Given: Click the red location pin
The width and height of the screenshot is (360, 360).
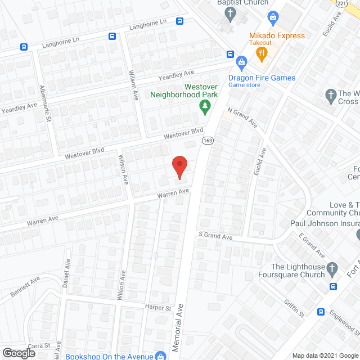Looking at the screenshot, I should pos(179,167).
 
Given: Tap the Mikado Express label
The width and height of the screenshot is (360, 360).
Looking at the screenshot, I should pos(277,35).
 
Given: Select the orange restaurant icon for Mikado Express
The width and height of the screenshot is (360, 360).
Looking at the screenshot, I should pos(261,54).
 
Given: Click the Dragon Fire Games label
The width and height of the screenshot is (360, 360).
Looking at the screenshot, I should pos(262,78).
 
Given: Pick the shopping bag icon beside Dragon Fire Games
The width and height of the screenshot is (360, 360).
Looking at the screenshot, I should pos(241,61).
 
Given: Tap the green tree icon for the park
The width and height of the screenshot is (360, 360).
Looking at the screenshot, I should pos(206,105).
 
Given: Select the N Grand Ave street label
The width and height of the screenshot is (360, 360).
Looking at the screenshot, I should pos(242,118).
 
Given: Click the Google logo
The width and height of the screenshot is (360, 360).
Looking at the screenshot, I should pos(19,353).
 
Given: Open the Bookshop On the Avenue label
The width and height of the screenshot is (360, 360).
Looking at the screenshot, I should pos(109,356).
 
